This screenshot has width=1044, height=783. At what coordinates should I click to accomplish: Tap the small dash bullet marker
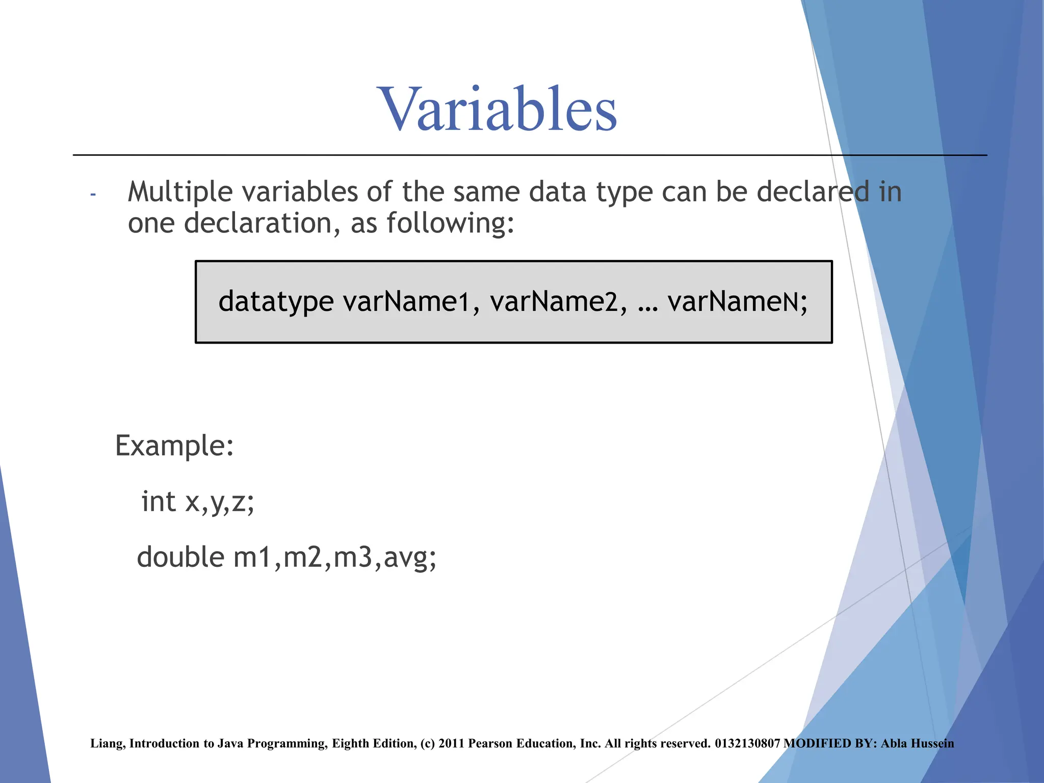(93, 194)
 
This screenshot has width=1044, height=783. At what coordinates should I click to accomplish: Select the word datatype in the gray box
(276, 302)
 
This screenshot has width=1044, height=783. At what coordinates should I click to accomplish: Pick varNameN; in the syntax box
(737, 302)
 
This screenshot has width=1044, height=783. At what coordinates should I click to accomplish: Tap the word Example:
(174, 446)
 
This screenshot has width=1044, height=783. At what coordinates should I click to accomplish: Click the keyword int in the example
(159, 501)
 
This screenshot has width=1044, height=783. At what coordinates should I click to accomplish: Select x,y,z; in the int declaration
(220, 502)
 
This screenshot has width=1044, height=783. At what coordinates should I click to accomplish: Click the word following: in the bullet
(450, 224)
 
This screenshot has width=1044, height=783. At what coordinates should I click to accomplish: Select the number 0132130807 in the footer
(747, 744)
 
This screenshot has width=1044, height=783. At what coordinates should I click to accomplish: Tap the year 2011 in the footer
(451, 744)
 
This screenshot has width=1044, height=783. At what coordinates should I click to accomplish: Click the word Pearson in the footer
(490, 744)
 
